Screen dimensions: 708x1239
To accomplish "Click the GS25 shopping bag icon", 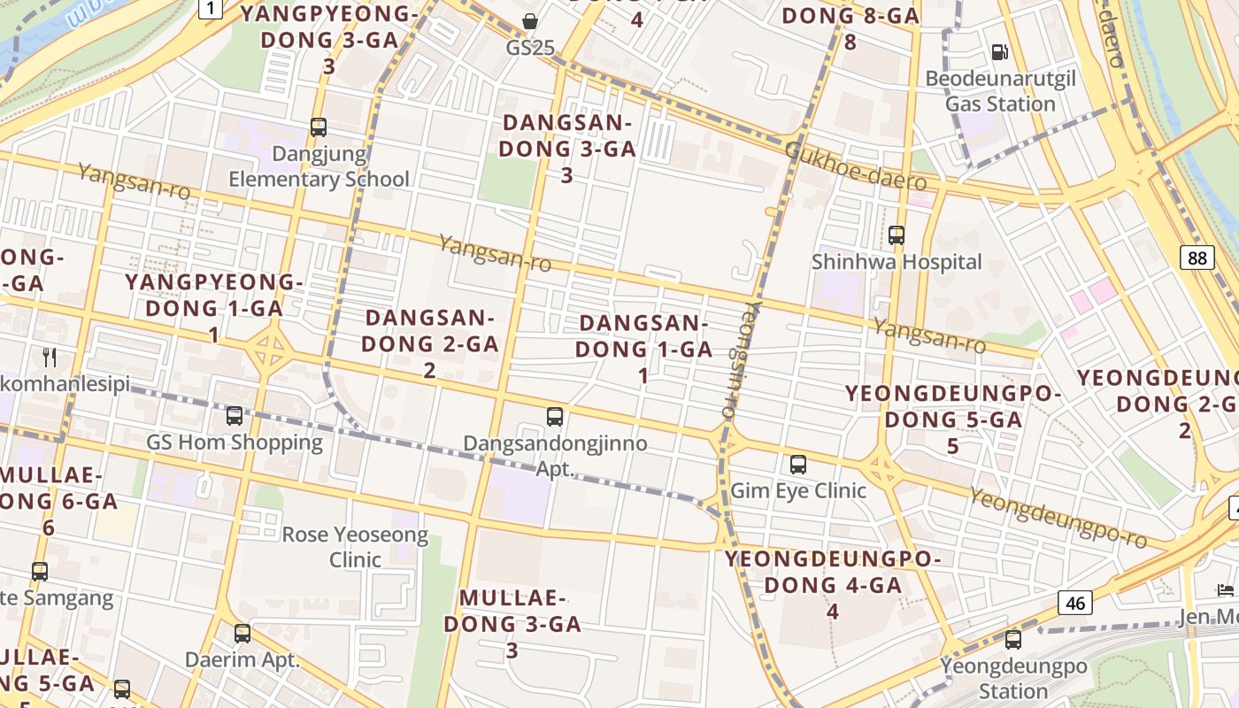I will pos(529,21).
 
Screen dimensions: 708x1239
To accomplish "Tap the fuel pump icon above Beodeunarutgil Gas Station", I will pos(1000,52).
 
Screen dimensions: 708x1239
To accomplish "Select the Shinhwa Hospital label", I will pos(897,262).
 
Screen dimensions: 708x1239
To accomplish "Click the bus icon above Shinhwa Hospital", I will pos(897,235).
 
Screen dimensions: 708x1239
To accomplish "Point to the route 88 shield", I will pos(1197,258).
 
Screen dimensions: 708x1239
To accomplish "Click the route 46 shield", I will pos(1075,604).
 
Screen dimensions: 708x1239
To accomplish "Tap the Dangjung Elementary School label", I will pos(319,166).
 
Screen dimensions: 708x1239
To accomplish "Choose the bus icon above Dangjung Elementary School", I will pos(319,127).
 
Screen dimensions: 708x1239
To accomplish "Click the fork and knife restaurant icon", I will pos(50,358).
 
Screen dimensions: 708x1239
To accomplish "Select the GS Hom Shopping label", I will pos(235,442).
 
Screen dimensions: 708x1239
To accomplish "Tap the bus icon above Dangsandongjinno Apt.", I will pos(555,417).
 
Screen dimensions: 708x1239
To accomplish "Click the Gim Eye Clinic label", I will pos(798,490).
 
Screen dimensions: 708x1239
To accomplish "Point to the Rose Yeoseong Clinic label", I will pos(355,547).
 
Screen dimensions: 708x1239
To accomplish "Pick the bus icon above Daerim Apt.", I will pos(242,634).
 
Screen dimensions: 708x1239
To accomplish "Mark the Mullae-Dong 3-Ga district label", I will pos(512,623).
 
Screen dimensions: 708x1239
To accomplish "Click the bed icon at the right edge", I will pos(1226,589).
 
